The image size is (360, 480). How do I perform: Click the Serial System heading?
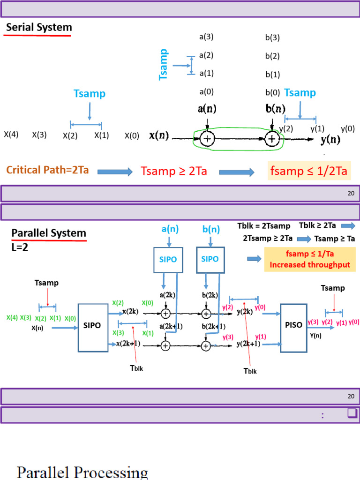coord(39,27)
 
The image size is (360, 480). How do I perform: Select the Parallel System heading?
coord(49,233)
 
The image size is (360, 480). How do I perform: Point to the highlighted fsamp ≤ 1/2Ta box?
coord(308,171)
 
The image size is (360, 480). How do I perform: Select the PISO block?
coord(292,324)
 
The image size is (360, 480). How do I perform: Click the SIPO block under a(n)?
coord(168,259)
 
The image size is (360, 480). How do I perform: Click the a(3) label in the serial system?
coord(206,37)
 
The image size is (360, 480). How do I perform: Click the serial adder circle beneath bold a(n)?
coord(207,139)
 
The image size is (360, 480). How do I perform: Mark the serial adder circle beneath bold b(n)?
coord(272,139)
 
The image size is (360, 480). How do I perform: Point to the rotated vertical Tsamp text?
coord(164,64)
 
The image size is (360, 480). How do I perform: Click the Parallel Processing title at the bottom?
coord(82,472)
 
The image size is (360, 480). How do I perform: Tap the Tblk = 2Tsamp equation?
coord(263,226)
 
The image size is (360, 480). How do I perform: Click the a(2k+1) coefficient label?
coord(172,326)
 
